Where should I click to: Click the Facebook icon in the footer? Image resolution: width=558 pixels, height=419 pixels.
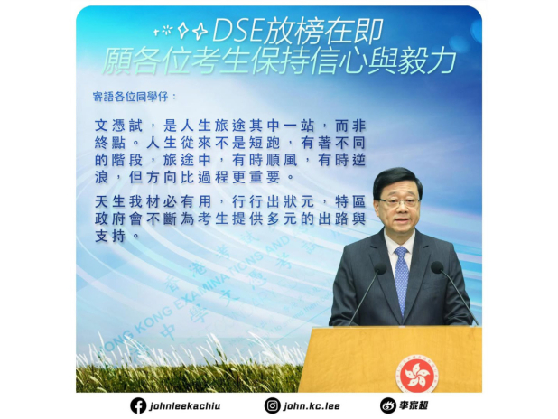click(x=138, y=405)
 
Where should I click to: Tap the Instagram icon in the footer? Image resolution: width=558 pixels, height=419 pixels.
click(x=273, y=405)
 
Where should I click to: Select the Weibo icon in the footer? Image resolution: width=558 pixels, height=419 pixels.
click(x=388, y=405)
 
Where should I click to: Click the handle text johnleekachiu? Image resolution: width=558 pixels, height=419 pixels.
click(x=185, y=406)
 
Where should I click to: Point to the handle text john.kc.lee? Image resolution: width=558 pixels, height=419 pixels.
click(x=312, y=406)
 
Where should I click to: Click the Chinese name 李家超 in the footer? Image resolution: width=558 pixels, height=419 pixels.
click(x=414, y=405)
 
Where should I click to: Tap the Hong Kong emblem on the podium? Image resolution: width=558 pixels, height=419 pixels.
click(x=417, y=374)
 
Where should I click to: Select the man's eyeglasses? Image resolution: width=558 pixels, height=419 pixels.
click(x=398, y=202)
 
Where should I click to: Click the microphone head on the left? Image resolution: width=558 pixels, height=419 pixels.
click(x=380, y=268)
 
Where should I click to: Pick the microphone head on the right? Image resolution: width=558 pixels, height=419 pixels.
click(x=437, y=267)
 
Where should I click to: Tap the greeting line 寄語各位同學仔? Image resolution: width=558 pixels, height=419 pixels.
click(x=135, y=97)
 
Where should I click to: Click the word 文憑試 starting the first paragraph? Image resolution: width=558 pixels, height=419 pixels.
click(x=118, y=126)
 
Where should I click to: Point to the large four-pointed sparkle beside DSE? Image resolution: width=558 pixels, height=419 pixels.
click(x=200, y=32)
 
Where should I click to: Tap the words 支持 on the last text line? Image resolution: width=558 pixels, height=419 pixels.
click(x=110, y=236)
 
